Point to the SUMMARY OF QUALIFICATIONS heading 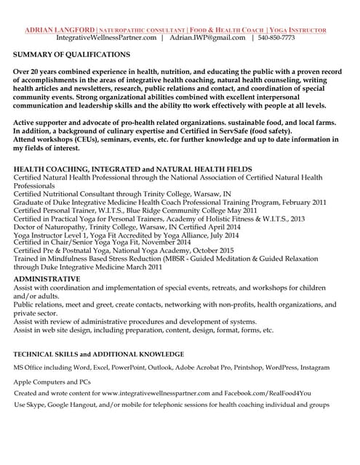coord(72,54)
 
